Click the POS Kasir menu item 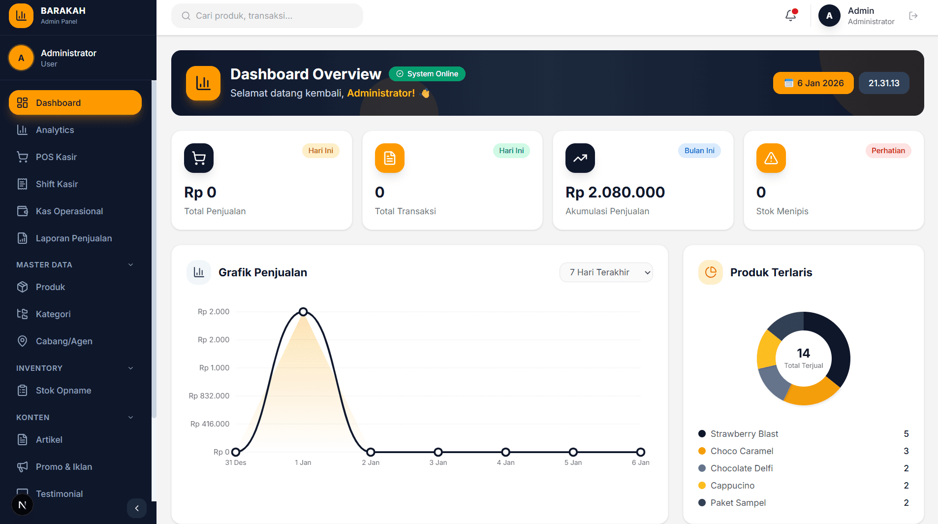[x=56, y=157]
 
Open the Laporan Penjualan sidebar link [x=73, y=238]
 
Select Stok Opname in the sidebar [x=63, y=391]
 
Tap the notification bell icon [x=790, y=16]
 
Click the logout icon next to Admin [x=913, y=16]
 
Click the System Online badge [x=427, y=74]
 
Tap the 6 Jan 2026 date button [x=813, y=83]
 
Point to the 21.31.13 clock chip [x=884, y=83]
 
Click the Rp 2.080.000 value [x=615, y=192]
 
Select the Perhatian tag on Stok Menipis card [x=888, y=151]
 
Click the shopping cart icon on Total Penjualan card [x=199, y=158]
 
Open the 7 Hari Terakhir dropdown [x=606, y=272]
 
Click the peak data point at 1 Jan [x=303, y=312]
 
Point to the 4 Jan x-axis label [x=505, y=462]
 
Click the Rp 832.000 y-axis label [x=209, y=396]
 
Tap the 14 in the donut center [x=803, y=353]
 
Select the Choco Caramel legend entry [x=742, y=451]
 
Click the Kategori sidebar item [x=53, y=314]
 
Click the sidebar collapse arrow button [x=137, y=508]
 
